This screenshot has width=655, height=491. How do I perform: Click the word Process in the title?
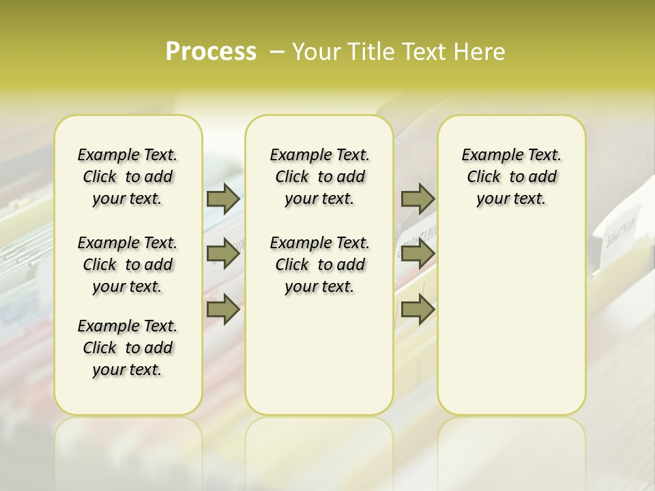pos(211,52)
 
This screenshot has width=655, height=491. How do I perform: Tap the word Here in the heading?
pos(482,52)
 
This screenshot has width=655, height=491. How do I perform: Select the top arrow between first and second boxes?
pos(223,198)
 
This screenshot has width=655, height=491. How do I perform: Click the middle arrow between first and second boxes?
pos(223,254)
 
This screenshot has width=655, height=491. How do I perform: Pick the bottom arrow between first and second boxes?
pos(223,310)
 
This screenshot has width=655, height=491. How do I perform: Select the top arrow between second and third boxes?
pos(418,198)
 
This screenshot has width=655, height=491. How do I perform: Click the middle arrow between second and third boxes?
pos(418,254)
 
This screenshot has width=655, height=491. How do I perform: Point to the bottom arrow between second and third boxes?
pos(418,310)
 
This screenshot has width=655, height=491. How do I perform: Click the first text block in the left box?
pos(128,177)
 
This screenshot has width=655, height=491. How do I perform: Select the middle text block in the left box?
pos(128,265)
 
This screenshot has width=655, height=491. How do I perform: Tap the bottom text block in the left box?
pos(128,348)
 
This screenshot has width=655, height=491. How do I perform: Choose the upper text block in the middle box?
pos(319,177)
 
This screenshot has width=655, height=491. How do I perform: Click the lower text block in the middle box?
pos(319,265)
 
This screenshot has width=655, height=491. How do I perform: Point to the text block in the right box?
pos(512,177)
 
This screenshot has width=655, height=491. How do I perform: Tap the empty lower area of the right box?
pos(512,321)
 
